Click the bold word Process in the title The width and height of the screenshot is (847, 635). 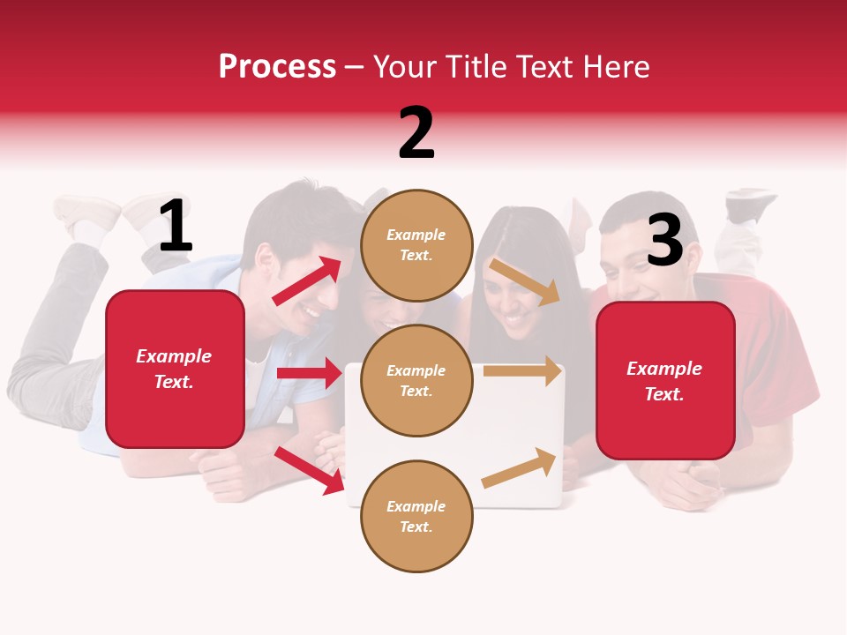[x=277, y=67]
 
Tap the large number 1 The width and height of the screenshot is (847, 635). [x=176, y=227]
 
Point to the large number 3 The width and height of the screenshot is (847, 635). [x=664, y=240]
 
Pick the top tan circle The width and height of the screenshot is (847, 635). [x=416, y=245]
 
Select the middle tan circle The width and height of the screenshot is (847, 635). [x=416, y=380]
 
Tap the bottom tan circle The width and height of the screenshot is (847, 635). [x=416, y=516]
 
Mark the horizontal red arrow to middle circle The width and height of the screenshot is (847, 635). [x=309, y=373]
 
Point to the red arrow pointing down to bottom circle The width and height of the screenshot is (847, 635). [x=309, y=469]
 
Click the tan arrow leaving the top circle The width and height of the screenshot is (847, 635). [x=526, y=281]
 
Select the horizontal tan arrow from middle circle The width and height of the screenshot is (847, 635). [x=522, y=371]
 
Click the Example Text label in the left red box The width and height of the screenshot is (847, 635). [x=174, y=369]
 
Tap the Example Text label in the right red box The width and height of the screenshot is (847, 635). [x=664, y=381]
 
